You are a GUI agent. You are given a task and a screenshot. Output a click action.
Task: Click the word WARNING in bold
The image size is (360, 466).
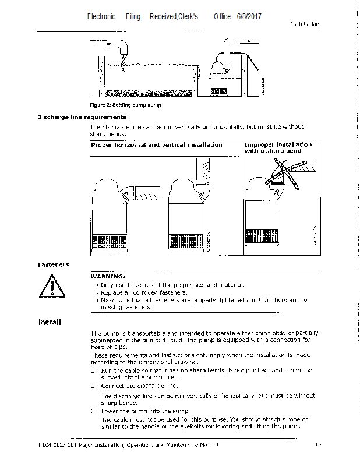[x=108, y=276]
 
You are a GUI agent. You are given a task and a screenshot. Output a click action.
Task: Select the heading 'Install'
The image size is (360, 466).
[x=50, y=322]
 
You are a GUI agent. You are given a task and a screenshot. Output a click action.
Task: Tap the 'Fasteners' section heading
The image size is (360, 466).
[x=53, y=264]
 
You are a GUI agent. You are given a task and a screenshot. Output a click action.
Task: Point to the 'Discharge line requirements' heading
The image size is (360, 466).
[x=82, y=117]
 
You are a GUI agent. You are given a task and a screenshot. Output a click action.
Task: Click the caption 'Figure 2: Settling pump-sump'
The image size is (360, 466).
[x=125, y=105]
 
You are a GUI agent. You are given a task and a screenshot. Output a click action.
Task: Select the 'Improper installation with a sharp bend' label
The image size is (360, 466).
[x=277, y=147]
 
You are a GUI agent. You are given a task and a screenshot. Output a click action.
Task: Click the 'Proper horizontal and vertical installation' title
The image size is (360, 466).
[x=156, y=145]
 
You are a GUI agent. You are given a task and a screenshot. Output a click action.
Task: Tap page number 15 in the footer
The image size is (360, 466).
[x=318, y=445]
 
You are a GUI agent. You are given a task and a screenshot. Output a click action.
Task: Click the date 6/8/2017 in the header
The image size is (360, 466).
[x=249, y=17]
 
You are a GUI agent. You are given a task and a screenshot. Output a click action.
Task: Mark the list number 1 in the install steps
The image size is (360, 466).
[x=93, y=370]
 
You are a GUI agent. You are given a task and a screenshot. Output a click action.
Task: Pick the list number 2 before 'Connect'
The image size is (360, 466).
[x=93, y=386]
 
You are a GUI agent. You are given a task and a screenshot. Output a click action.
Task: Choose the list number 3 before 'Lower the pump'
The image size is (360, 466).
[x=93, y=411]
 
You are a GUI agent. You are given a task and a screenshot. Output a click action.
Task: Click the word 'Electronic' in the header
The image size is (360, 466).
[x=101, y=17]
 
